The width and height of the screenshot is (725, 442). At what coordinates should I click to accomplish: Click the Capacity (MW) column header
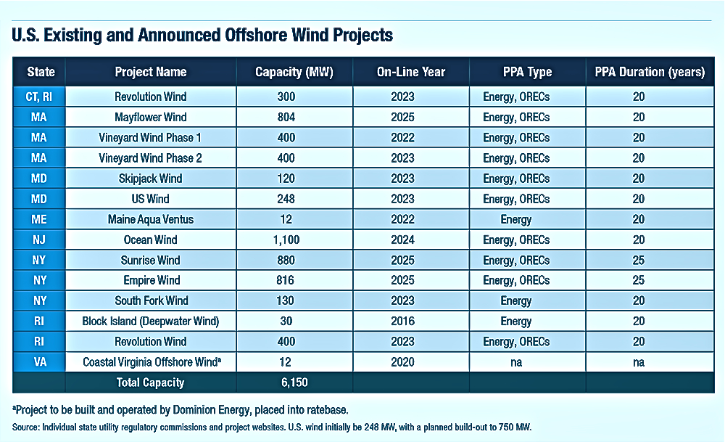[294, 72]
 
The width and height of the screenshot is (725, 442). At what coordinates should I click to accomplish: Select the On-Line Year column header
[410, 72]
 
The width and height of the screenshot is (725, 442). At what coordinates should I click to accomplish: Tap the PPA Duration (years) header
[649, 72]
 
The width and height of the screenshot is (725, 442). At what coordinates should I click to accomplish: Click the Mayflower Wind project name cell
[150, 117]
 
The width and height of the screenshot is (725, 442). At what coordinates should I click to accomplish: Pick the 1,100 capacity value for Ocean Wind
[294, 240]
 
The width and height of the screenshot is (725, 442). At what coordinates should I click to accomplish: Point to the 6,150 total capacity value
[294, 382]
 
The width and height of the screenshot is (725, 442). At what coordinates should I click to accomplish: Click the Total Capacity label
[150, 382]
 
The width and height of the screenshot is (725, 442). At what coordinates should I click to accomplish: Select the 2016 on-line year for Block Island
[410, 321]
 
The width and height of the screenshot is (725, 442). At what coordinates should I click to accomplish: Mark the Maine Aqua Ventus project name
[150, 219]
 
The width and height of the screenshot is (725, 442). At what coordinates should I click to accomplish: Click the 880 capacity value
[294, 260]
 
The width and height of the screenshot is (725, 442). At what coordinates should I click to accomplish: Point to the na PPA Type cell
[527, 362]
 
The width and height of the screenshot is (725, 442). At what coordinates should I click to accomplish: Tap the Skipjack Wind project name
[150, 179]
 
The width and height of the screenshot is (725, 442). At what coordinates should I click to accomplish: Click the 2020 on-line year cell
[410, 362]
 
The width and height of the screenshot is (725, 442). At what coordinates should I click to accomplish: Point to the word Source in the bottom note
[25, 426]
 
